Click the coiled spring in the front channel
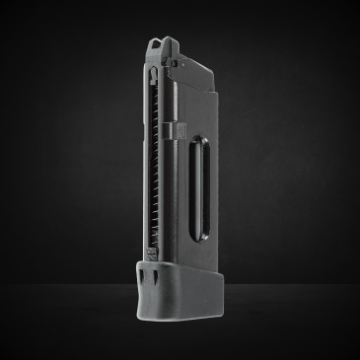coord(161,158)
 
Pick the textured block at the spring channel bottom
coord(164,260)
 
